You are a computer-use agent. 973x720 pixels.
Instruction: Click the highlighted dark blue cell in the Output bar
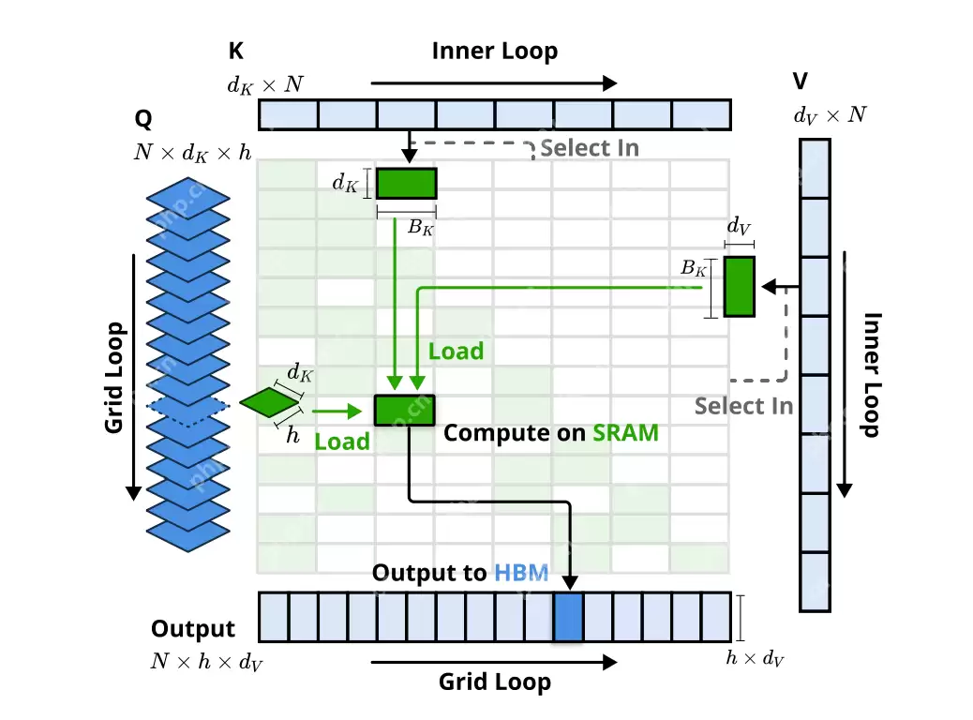point(568,617)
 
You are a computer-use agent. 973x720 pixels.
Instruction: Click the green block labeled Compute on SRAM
point(405,411)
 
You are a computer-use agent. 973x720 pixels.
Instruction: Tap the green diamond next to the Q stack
point(269,402)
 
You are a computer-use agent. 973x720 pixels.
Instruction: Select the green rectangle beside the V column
point(740,285)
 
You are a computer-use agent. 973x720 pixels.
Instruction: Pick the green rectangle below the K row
point(406,184)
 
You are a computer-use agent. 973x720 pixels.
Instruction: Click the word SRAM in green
point(625,432)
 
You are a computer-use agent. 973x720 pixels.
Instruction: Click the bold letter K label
point(236,52)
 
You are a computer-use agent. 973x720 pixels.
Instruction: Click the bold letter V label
point(800,83)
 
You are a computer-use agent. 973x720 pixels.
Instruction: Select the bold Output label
point(193,628)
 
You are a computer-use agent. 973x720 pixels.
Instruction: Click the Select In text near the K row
point(590,147)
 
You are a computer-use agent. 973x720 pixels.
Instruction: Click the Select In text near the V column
point(743,406)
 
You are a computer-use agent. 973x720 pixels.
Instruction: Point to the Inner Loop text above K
point(494,52)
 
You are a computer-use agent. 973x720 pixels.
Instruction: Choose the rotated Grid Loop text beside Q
point(114,377)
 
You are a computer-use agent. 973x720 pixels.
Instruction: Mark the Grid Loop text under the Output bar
point(494,682)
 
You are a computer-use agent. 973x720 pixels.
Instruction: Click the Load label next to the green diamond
point(341,441)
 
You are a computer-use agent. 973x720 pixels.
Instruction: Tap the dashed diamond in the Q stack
point(188,406)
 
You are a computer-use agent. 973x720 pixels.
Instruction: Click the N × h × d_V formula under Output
point(206,662)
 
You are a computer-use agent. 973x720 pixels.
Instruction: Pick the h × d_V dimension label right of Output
point(755,658)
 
